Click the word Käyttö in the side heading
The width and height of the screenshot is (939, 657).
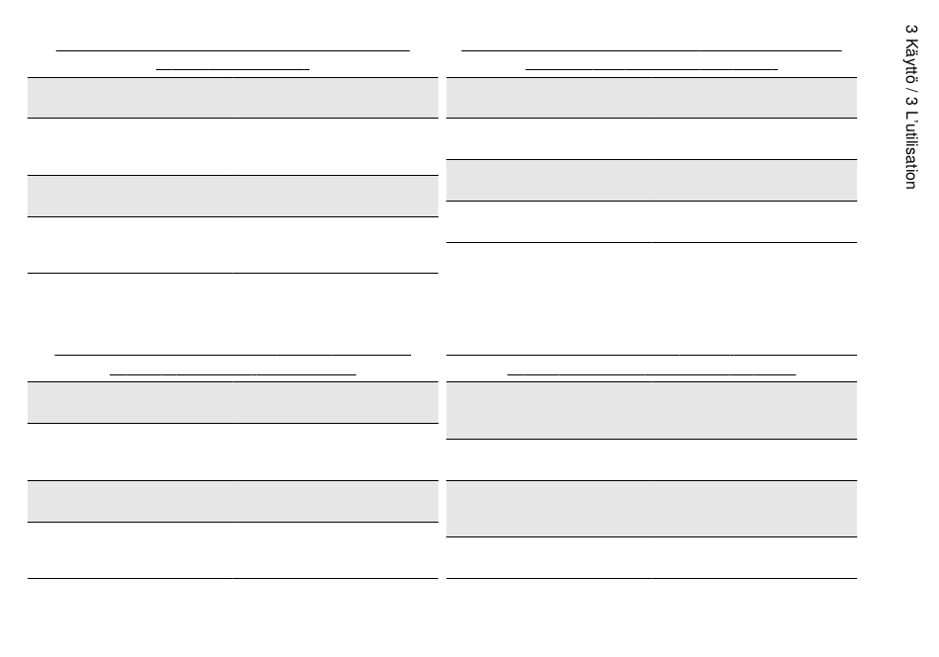(x=911, y=61)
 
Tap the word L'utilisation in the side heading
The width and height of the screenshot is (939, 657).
(x=911, y=149)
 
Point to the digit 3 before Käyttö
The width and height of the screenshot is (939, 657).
(x=911, y=30)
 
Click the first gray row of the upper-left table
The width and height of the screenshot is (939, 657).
(x=233, y=98)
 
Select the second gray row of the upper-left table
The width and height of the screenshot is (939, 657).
(x=233, y=196)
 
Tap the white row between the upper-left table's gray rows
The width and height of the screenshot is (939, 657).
(x=233, y=146)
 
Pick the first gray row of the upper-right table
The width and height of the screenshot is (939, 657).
(x=651, y=98)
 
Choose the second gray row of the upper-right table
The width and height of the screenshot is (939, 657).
(x=651, y=180)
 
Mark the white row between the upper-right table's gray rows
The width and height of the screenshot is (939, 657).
(x=651, y=139)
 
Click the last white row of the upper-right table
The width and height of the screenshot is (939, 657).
(x=651, y=221)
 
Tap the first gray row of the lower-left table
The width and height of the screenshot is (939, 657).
(x=233, y=402)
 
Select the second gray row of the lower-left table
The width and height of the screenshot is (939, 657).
(x=233, y=501)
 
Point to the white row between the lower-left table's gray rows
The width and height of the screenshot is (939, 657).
(x=233, y=452)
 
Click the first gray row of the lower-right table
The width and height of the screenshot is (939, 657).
(x=651, y=410)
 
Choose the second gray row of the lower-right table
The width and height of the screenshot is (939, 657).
(x=651, y=509)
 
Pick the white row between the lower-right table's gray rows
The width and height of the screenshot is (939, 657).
(x=651, y=459)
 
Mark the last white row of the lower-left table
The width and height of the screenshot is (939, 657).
(x=233, y=550)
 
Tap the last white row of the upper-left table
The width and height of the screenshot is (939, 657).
(x=233, y=245)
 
